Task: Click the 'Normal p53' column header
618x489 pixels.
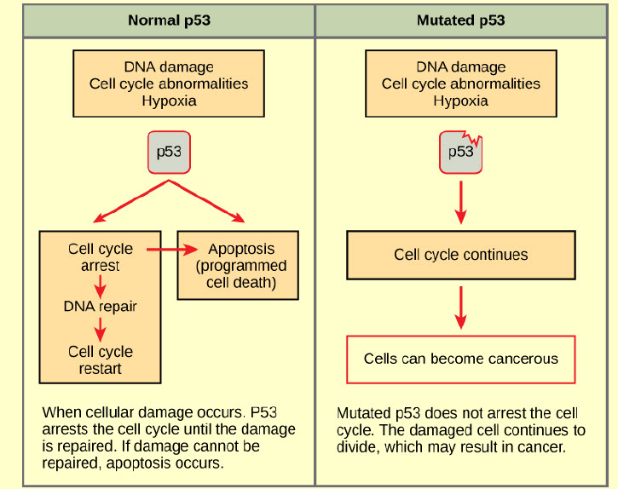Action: [169, 20]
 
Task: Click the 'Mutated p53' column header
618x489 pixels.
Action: [460, 20]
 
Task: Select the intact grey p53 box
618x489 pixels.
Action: [169, 152]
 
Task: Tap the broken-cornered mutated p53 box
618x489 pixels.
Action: [460, 152]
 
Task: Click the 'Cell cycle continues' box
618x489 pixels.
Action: [460, 255]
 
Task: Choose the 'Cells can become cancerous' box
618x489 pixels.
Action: [460, 359]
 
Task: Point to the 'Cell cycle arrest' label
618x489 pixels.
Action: [101, 257]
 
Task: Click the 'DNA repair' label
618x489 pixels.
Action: [101, 306]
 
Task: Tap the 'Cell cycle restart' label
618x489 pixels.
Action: [101, 360]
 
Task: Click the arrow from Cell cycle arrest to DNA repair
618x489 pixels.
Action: [101, 284]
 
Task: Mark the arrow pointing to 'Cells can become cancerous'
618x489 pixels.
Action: [461, 308]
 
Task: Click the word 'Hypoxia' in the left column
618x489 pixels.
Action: [169, 101]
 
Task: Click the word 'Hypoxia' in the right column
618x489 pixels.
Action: [460, 101]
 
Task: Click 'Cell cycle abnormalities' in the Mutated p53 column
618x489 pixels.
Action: [460, 83]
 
